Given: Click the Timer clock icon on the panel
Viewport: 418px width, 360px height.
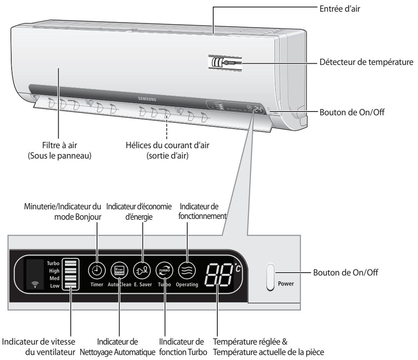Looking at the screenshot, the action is (x=97, y=271).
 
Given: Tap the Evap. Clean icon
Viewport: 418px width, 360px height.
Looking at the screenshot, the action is (x=119, y=271).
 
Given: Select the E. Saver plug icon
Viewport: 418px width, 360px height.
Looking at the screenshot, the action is (x=142, y=271).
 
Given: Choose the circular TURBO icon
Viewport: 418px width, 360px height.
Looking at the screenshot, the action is (x=164, y=271).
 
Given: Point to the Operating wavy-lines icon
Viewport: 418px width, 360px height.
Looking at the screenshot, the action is (x=187, y=271).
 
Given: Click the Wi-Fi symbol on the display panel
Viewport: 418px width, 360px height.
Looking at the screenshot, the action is (x=35, y=284).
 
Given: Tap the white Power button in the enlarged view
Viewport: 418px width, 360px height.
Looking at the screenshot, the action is (x=270, y=277).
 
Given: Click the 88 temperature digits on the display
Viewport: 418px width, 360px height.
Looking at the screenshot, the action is (x=218, y=274).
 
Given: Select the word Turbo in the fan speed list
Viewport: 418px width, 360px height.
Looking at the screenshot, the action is (x=53, y=263).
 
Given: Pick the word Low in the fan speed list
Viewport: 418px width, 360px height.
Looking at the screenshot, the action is (x=55, y=286).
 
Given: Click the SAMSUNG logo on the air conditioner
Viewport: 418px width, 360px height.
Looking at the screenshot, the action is (x=147, y=99).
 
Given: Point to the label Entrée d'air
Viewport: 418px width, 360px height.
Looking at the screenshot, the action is (x=340, y=9).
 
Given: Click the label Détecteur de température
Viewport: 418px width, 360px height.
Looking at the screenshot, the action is (x=366, y=62).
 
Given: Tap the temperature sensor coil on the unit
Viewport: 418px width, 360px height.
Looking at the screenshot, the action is (x=217, y=62).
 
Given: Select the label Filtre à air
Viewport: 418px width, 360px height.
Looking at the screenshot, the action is (x=60, y=145).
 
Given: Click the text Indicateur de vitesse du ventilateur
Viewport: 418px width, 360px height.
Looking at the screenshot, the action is (x=39, y=347).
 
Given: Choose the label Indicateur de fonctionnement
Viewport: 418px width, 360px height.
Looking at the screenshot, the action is (x=202, y=211).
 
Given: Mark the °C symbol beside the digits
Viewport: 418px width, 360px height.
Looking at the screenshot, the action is (x=238, y=268).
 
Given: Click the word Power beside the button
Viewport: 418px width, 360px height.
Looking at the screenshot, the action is (x=286, y=283).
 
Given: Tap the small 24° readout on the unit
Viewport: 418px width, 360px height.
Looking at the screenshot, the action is (x=258, y=109).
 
